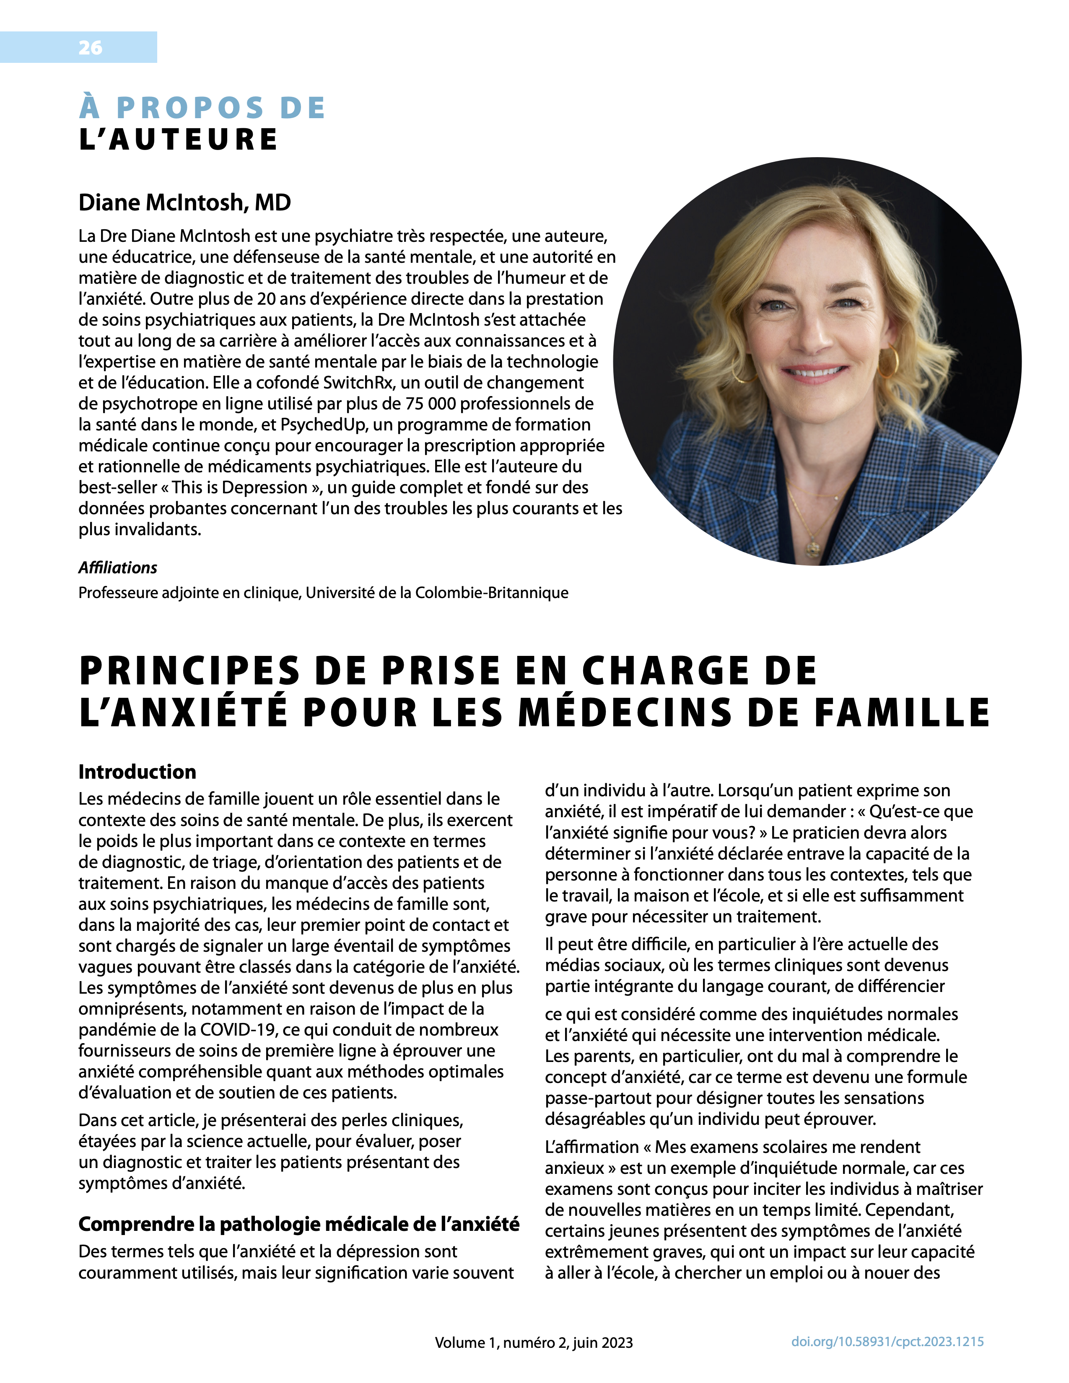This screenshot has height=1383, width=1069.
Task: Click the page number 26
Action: coord(90,47)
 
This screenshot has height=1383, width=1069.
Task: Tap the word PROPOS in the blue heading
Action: coord(190,108)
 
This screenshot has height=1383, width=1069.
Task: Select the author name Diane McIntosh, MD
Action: coord(184,203)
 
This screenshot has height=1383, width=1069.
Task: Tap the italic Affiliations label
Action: coord(118,567)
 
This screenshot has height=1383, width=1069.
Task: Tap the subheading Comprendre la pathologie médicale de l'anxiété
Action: coord(298,1224)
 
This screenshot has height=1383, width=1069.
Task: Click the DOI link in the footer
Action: coord(887,1341)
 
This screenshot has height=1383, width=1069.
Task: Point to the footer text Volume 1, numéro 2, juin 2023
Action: coord(533,1342)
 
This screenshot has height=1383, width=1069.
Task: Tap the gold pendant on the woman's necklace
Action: coord(812,546)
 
